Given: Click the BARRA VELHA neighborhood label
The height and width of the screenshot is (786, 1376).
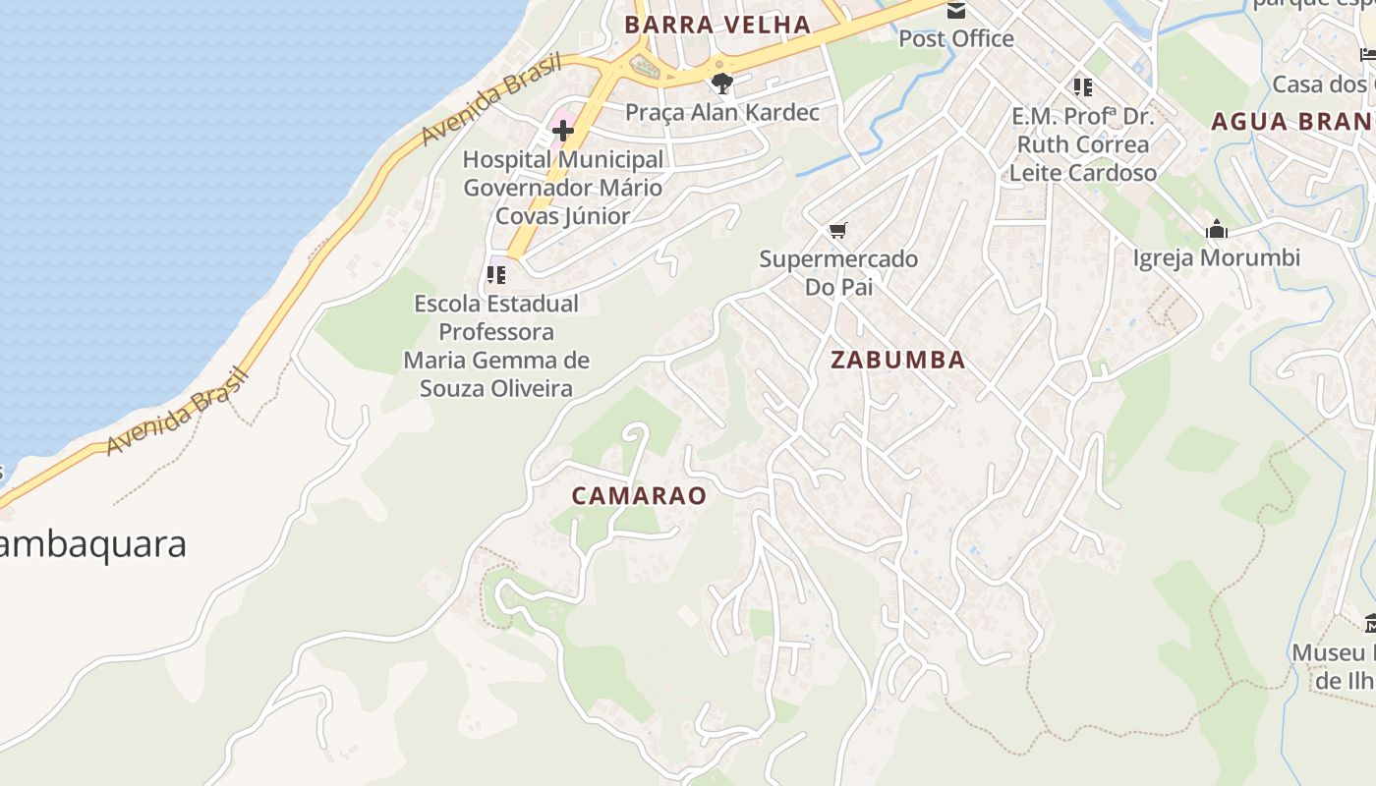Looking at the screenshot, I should point(717,25).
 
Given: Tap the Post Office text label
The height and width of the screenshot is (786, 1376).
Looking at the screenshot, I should point(956,39).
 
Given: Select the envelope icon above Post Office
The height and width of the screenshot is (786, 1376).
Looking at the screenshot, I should point(955,11).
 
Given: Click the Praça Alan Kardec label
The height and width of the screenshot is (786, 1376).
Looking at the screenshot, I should point(722,113).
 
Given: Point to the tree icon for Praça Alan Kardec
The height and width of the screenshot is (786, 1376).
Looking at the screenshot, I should point(722,84).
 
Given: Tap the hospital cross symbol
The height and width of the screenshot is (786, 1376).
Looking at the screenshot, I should point(563,130).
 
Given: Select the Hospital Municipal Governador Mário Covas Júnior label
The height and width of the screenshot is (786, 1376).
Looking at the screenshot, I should point(563,188).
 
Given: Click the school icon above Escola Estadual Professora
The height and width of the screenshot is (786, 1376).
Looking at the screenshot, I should point(496,275).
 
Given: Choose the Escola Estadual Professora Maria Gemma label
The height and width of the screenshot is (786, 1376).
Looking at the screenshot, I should point(496,346).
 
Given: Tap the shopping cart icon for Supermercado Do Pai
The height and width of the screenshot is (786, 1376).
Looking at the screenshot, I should point(837,231).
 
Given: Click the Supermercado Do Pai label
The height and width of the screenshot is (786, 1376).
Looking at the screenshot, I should point(838,273).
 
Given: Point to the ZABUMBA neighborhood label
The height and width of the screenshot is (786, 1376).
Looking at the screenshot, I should point(898,361).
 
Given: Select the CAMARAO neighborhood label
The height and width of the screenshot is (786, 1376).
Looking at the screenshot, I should point(639,496).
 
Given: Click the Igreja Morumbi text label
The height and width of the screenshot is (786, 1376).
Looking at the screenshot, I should point(1217,258).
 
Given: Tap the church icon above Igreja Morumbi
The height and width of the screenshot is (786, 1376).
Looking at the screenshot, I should point(1217,230).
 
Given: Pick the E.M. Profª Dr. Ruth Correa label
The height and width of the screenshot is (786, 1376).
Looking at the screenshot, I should point(1083,144).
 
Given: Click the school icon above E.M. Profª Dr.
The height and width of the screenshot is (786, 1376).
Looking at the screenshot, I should point(1083,87).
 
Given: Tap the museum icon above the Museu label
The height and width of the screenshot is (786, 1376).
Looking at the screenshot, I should point(1370,623).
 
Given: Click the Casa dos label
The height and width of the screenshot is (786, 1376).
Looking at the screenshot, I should point(1323,84).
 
